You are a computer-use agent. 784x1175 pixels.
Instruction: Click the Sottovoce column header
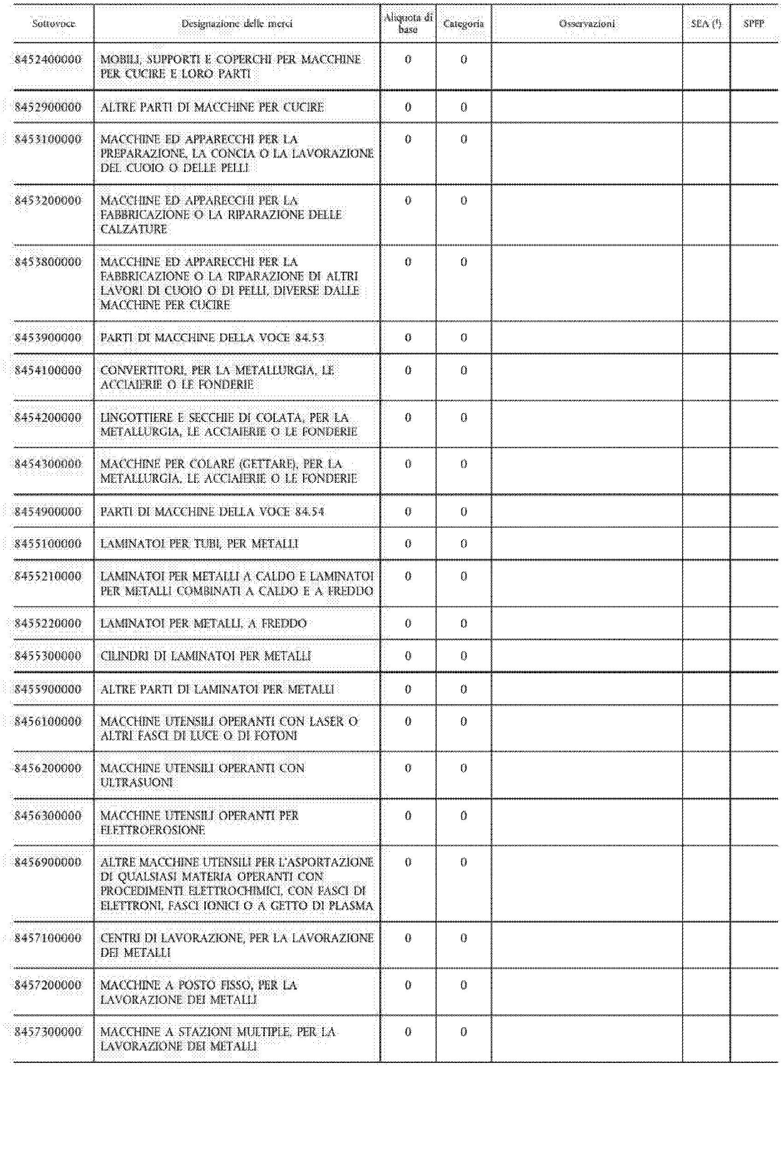coord(53,24)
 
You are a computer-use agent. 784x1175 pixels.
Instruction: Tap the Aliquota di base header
coord(408,24)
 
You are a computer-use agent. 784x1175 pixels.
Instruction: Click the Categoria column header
coord(463,24)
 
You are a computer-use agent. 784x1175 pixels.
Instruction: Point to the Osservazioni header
coord(587,24)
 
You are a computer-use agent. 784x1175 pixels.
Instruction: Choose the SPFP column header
coord(754,24)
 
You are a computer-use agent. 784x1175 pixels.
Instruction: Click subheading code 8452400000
coord(48,59)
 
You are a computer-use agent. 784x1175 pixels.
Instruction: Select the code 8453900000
coord(48,338)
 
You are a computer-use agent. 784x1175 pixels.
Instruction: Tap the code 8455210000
coord(48,576)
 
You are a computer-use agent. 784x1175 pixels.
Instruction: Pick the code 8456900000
coord(48,862)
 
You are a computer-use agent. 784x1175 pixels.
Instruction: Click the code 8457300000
coord(48,1032)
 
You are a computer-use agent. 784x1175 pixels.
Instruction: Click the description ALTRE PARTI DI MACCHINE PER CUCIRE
coord(212,107)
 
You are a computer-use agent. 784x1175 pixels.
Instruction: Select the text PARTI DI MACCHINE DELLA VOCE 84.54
coord(212,512)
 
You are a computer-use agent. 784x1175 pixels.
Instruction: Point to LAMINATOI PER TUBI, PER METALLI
coord(199,544)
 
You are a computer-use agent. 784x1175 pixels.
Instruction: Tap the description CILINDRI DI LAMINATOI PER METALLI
coord(205,656)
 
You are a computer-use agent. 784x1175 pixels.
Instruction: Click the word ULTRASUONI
coord(136,783)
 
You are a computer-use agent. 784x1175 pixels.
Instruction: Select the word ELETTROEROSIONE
coord(152,830)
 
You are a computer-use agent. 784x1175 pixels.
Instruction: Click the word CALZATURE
coord(134,229)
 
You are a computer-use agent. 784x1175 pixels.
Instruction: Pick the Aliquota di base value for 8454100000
coord(408,370)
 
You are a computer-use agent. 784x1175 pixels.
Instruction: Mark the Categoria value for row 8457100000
coord(463,938)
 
